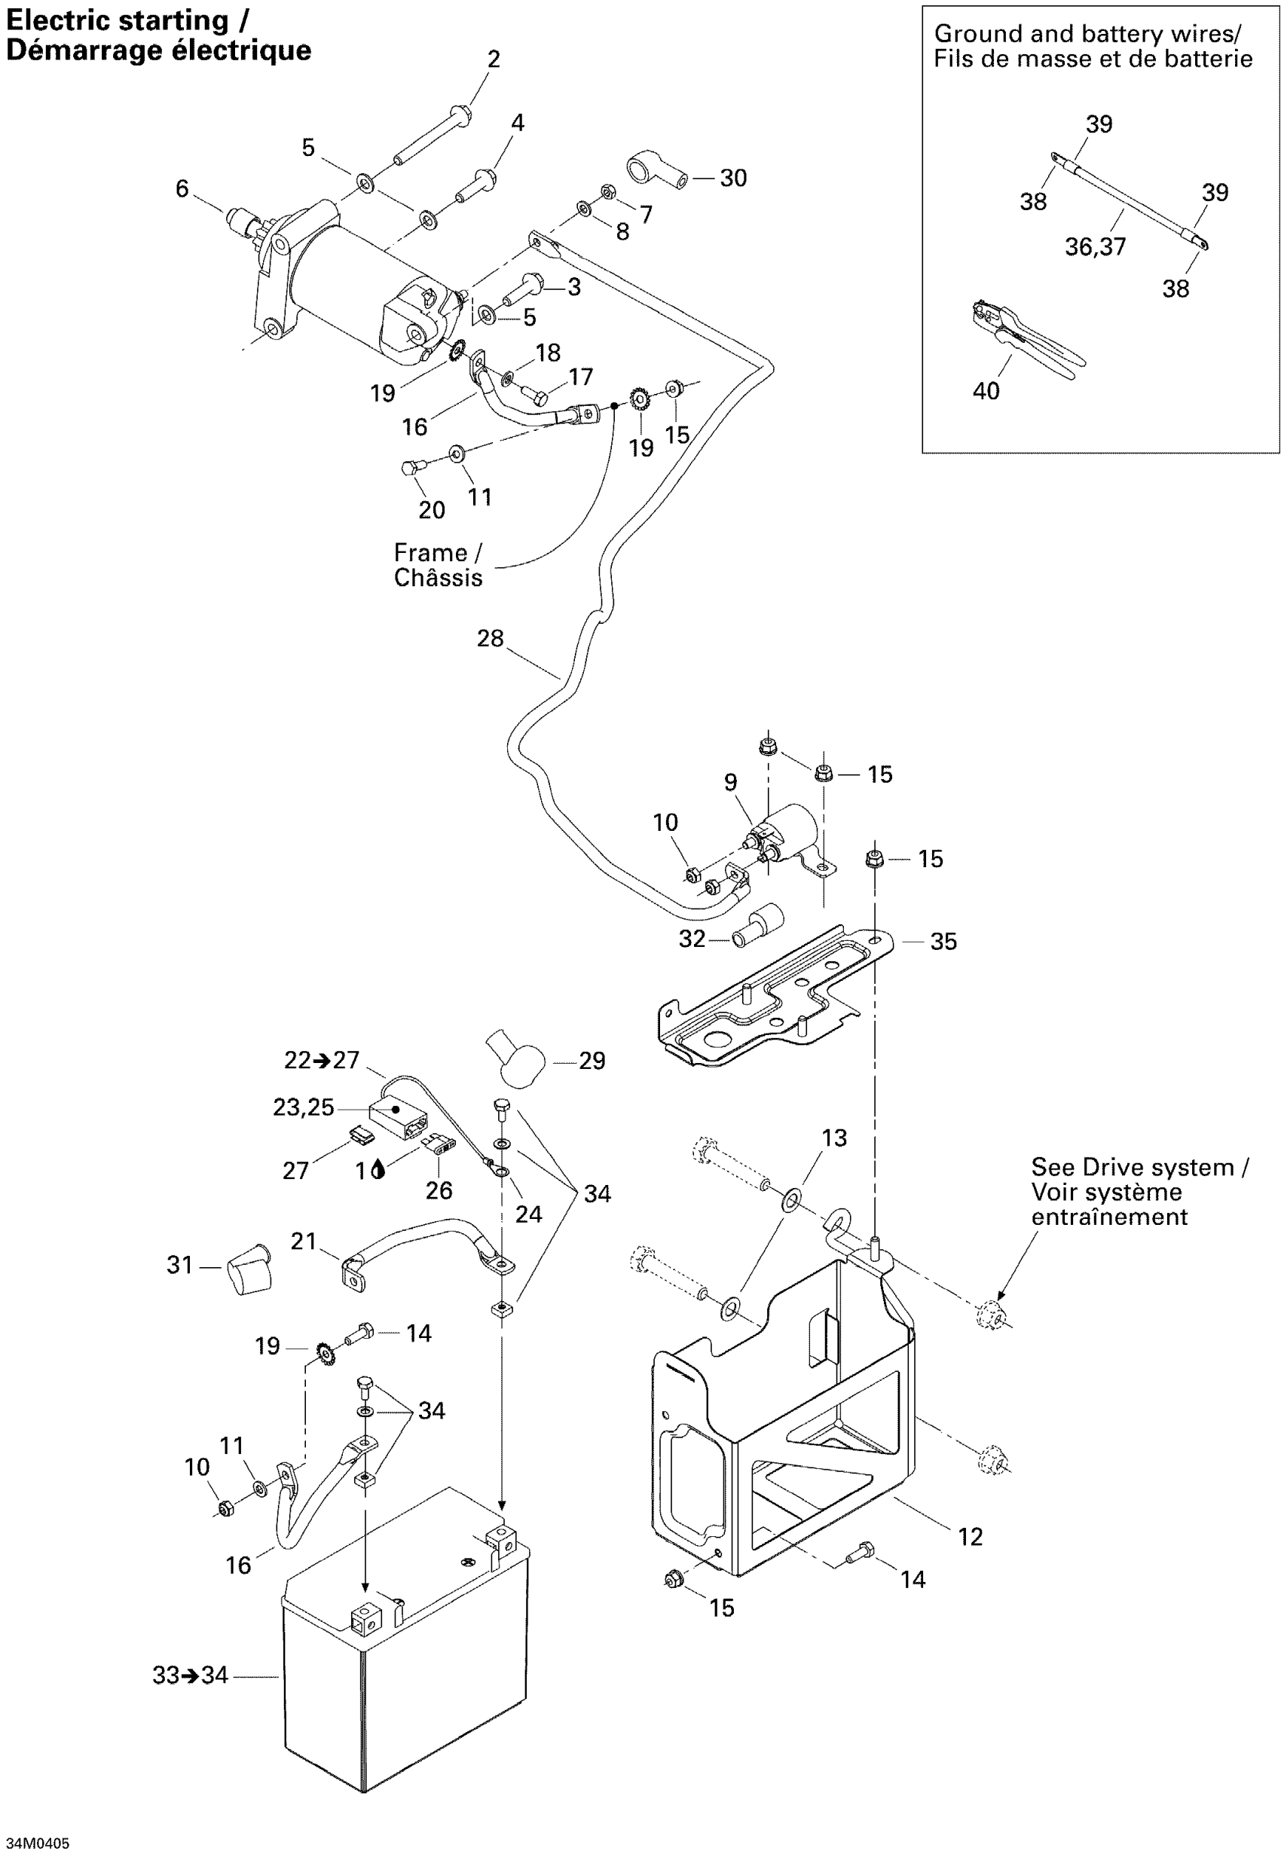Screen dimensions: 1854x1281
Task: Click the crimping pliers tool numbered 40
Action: coord(1027,339)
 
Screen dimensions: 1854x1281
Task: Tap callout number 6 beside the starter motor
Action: coord(182,189)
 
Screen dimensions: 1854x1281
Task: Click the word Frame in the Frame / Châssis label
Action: coord(430,554)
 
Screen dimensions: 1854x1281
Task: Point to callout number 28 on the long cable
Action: coord(490,639)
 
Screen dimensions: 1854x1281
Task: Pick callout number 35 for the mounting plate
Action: coord(943,942)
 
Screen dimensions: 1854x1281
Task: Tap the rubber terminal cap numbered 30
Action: coord(655,171)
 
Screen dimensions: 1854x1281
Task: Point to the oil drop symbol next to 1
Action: coord(379,1171)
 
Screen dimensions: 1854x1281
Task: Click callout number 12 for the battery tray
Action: coord(970,1537)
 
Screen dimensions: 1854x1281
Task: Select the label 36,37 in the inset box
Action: coord(1095,247)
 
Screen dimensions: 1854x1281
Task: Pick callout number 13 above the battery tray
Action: coord(834,1138)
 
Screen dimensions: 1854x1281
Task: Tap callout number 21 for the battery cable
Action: coord(304,1242)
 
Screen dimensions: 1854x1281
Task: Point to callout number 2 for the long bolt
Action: coord(494,60)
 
